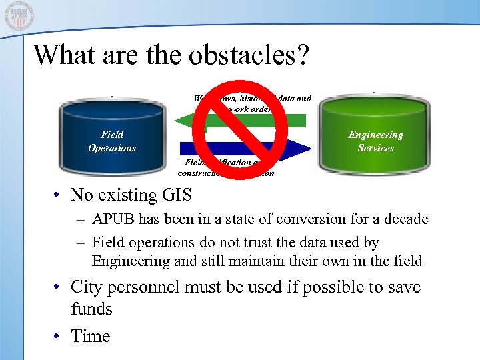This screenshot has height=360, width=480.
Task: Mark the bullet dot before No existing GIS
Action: click(59, 195)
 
